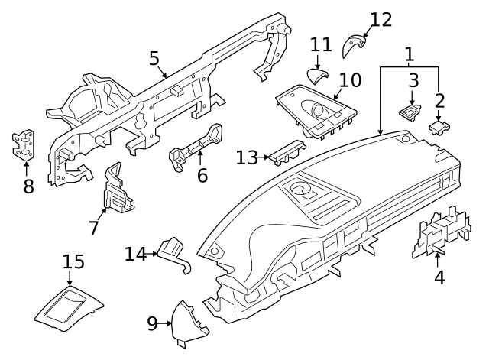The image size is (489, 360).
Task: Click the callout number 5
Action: point(154,58)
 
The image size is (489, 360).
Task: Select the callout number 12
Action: point(381,20)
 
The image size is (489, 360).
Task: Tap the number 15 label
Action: point(73,262)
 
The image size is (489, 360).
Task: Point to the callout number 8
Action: point(28,186)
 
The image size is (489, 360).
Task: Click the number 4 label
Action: point(439,277)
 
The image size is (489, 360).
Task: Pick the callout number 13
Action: point(247,158)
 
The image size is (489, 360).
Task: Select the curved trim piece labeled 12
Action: point(353,45)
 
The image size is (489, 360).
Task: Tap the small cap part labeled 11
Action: point(316,75)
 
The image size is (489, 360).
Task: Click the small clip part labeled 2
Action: point(438,126)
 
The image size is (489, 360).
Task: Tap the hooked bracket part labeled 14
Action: point(172,251)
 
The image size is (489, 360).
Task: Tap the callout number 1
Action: point(410,54)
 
